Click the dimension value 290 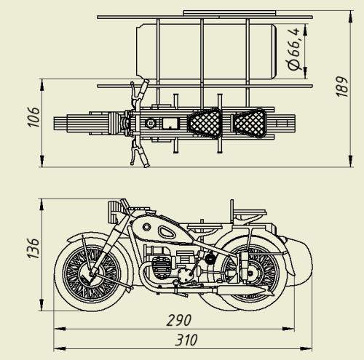(x=179, y=320)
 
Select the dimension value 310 (x=186, y=340)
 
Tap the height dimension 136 (x=33, y=248)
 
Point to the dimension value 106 (x=33, y=117)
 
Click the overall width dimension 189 (x=342, y=87)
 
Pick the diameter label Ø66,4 (x=293, y=49)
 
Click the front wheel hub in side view (x=90, y=274)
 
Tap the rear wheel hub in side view (x=250, y=273)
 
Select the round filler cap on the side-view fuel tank (x=146, y=227)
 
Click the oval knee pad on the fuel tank (x=167, y=232)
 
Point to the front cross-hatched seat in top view (x=205, y=123)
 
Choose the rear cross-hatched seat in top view (x=250, y=123)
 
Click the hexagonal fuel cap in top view (x=151, y=123)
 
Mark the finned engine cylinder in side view (x=161, y=268)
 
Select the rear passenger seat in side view (x=250, y=213)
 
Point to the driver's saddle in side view (x=205, y=227)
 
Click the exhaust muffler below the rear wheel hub (x=242, y=290)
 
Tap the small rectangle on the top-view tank (x=171, y=123)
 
